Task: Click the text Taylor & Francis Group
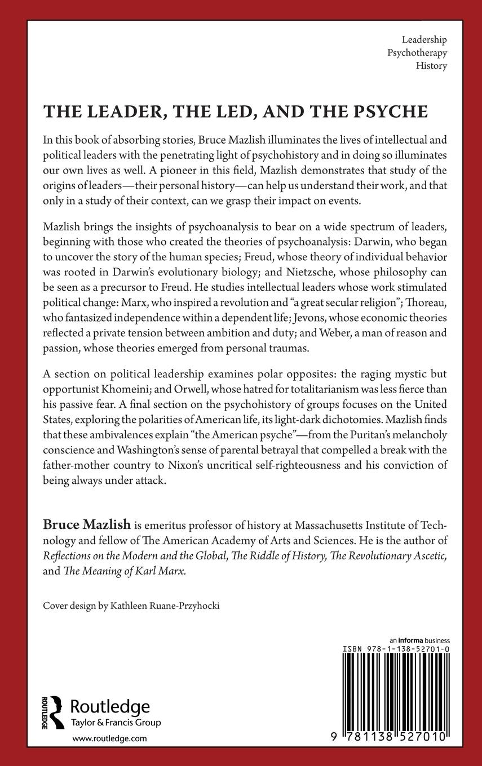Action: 116,723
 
